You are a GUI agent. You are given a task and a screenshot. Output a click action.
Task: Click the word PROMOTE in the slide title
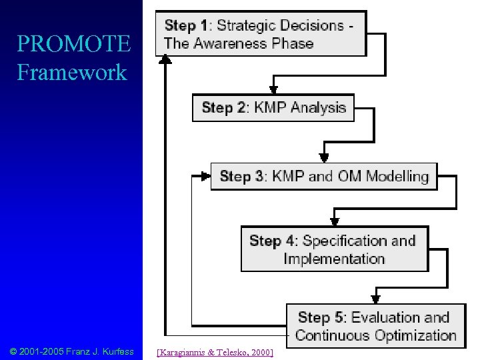73,45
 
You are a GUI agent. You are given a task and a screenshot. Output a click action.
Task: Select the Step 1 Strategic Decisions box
261,35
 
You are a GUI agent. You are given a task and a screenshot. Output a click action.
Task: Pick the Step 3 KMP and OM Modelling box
324,177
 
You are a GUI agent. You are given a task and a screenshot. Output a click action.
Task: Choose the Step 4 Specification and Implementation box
334,249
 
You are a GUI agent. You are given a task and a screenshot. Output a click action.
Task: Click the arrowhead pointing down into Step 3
323,157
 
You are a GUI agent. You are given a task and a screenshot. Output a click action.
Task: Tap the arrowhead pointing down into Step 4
333,221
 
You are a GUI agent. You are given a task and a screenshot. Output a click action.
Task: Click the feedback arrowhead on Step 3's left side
205,177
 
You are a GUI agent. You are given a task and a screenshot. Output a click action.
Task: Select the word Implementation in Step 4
334,259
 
